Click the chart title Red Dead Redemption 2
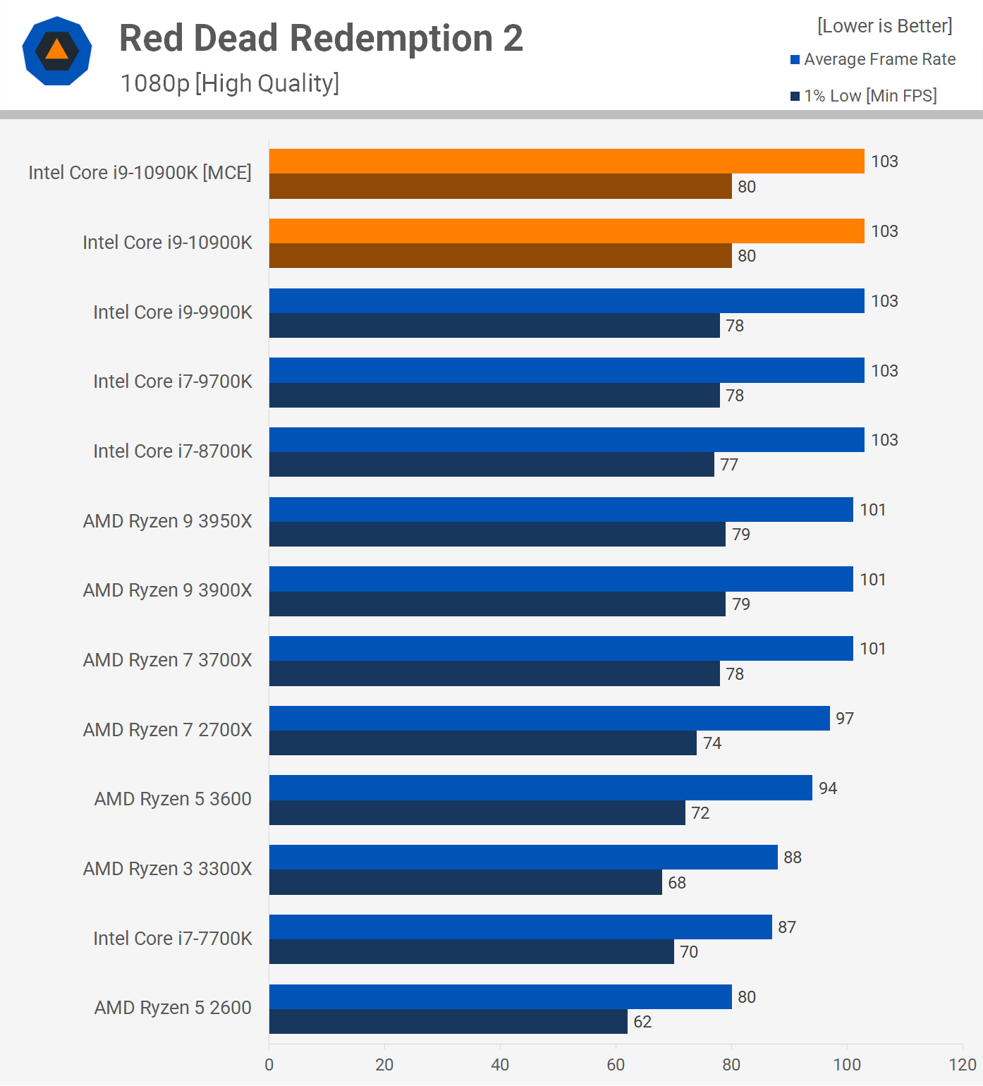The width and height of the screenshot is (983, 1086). click(321, 39)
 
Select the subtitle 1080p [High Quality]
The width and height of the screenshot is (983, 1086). click(230, 83)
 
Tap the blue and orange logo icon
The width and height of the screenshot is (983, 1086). click(57, 51)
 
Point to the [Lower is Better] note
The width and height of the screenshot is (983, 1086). click(884, 26)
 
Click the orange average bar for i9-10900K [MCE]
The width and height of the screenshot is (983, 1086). click(566, 161)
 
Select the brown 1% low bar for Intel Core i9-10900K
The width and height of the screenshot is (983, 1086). click(500, 256)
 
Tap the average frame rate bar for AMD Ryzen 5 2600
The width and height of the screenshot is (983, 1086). click(500, 996)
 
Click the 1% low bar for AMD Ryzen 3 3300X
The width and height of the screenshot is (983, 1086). click(465, 882)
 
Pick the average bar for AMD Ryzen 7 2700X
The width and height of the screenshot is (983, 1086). click(549, 718)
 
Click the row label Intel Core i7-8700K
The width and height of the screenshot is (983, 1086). click(173, 451)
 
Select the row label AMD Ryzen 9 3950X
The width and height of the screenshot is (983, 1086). click(168, 521)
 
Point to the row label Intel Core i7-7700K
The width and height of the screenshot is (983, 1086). click(173, 939)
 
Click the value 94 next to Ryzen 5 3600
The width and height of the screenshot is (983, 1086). click(828, 788)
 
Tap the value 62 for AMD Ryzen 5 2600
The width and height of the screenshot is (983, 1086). click(642, 1022)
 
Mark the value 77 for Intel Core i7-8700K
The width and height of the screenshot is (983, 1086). click(729, 465)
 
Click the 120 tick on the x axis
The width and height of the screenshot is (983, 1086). click(963, 1065)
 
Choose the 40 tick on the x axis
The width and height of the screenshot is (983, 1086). click(500, 1065)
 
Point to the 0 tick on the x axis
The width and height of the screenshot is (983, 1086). click(269, 1065)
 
